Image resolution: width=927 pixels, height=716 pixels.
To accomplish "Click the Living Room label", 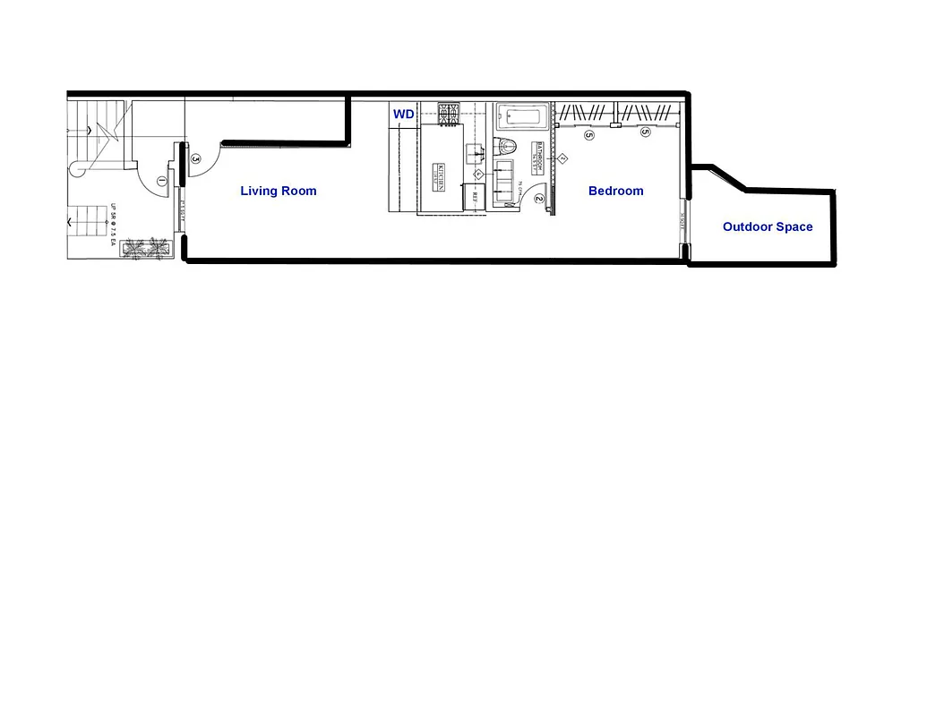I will [278, 191].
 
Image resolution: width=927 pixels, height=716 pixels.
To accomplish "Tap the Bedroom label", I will [615, 191].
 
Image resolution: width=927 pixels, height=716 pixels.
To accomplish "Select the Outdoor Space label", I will [768, 226].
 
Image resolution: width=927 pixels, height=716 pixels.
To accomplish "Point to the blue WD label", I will [403, 114].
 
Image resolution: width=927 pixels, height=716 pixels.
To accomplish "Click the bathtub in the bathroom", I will [521, 115].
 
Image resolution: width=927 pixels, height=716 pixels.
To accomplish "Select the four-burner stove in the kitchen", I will [448, 114].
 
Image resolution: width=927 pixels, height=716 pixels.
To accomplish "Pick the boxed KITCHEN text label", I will [440, 175].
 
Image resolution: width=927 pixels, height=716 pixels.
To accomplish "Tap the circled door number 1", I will [161, 181].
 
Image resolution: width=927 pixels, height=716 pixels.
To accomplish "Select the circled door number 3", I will [195, 158].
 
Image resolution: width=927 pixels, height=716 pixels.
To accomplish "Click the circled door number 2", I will [538, 199].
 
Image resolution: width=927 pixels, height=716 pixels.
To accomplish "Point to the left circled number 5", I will [588, 135].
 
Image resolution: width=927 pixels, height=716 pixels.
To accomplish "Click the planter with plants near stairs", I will [146, 249].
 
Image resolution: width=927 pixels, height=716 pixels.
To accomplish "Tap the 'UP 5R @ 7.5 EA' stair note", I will [115, 225].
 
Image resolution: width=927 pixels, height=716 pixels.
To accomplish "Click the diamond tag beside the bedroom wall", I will [563, 158].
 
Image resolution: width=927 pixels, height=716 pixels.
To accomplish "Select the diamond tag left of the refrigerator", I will [478, 174].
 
